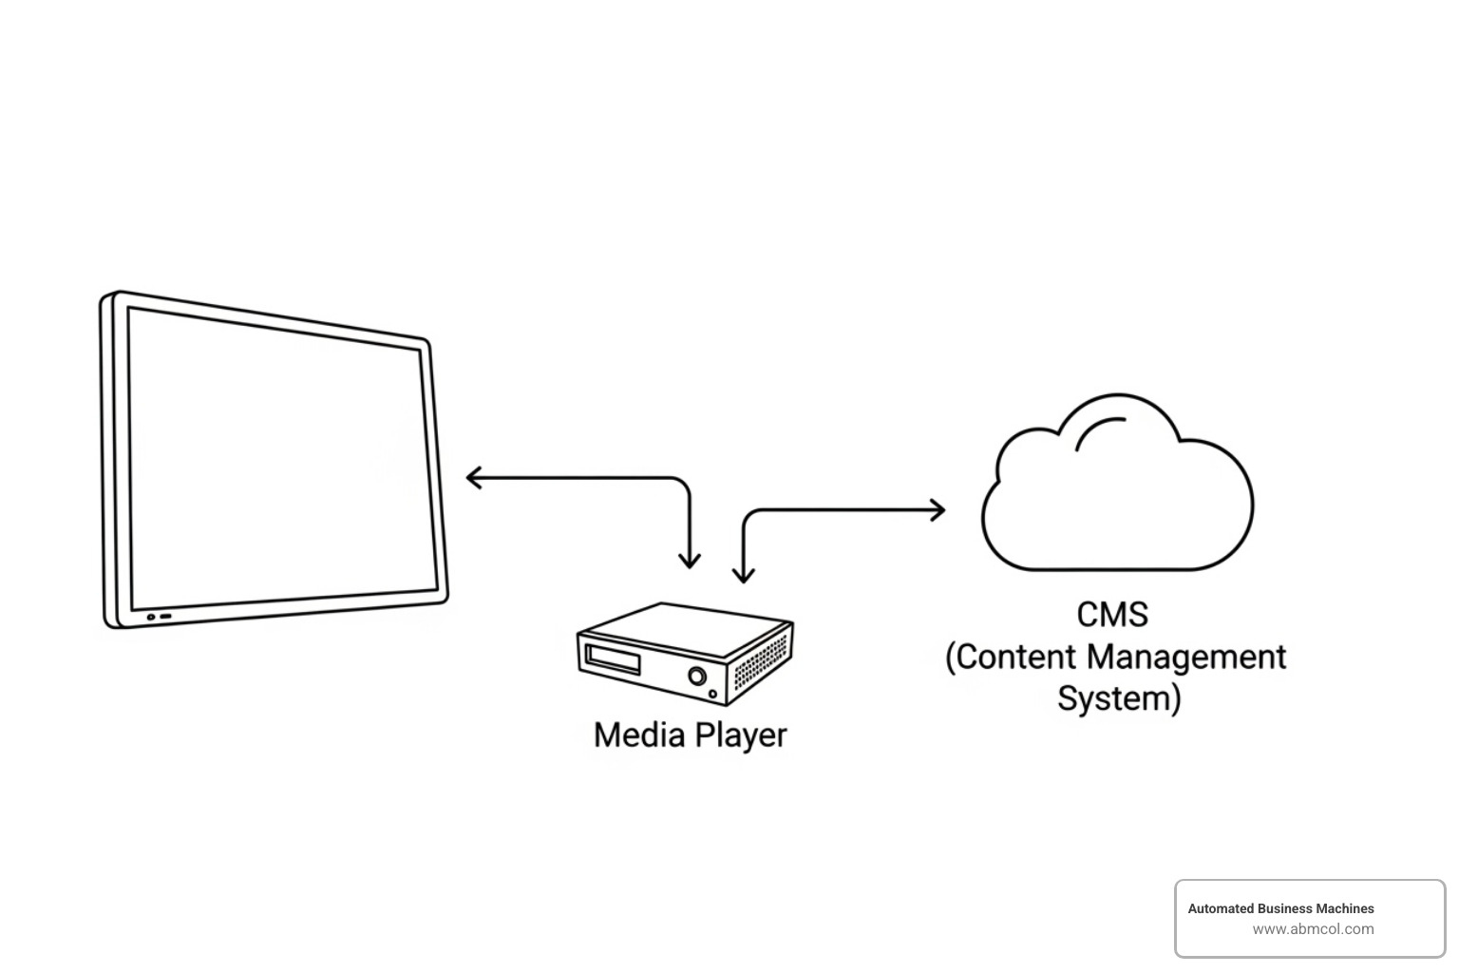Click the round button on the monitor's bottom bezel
point(150,617)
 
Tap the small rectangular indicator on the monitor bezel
point(165,617)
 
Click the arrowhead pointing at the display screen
point(471,478)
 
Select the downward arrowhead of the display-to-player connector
point(690,561)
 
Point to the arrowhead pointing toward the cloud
point(938,510)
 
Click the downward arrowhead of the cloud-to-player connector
point(744,574)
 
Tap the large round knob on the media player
point(697,676)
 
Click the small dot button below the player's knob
point(713,695)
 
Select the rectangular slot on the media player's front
point(613,658)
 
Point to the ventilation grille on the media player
point(761,660)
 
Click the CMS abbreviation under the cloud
point(1112,615)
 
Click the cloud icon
point(1116,504)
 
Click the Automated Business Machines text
point(1280,908)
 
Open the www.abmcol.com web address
point(1313,929)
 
